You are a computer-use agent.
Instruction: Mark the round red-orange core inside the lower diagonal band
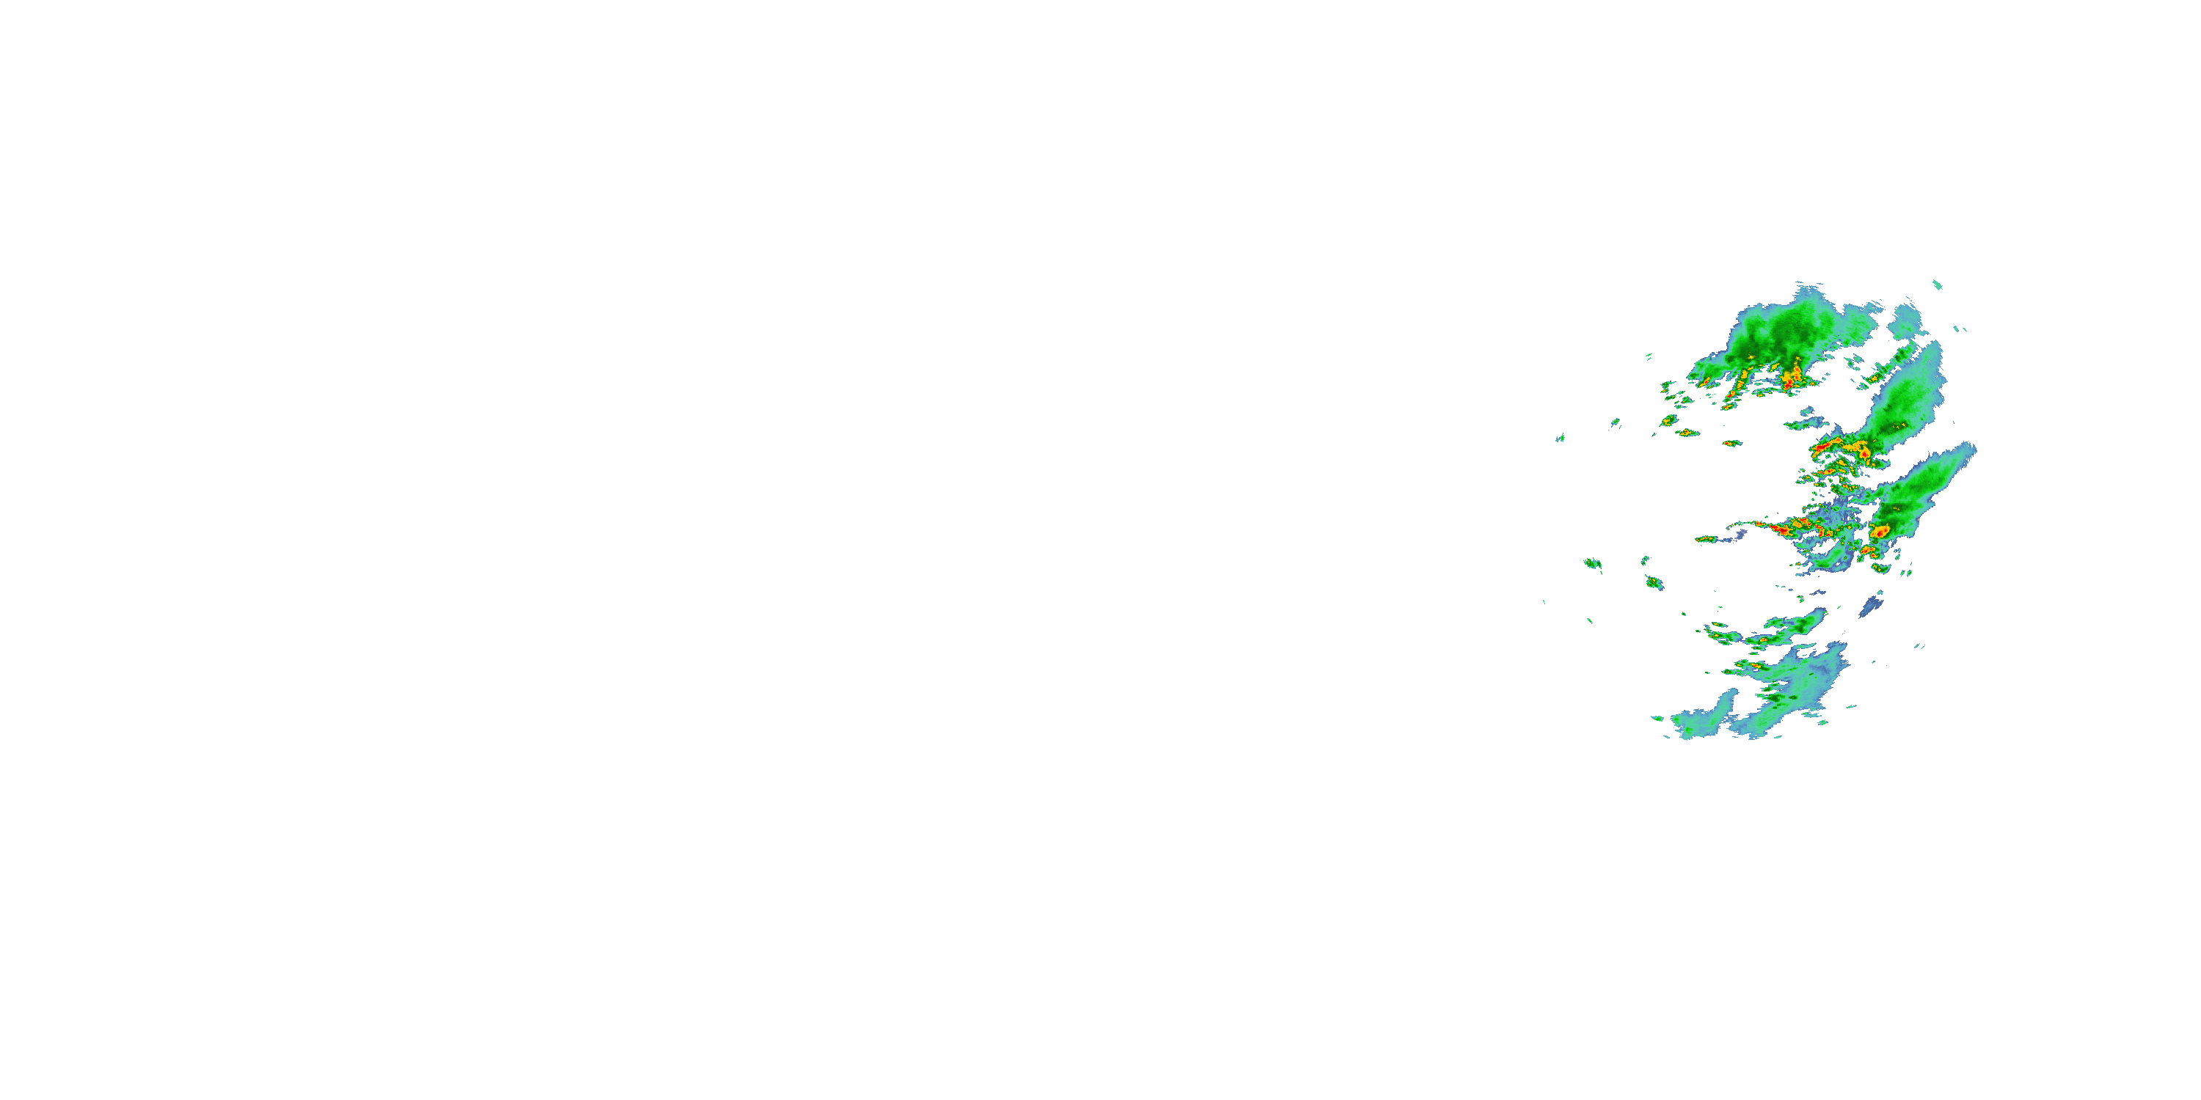(1880, 531)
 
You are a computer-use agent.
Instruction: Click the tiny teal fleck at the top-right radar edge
(1937, 285)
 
